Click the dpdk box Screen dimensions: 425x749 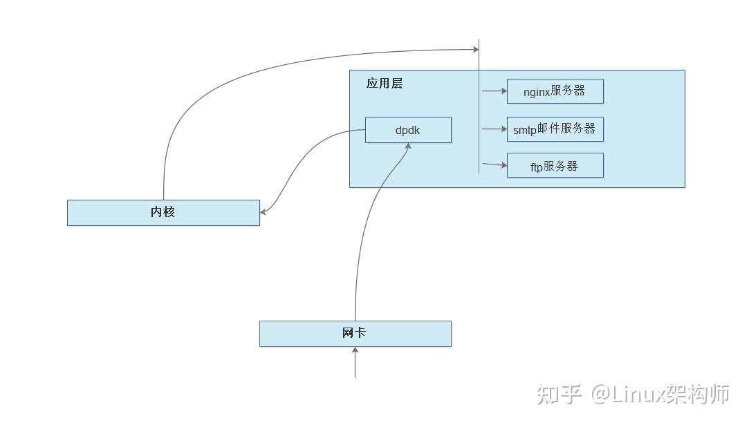pyautogui.click(x=408, y=130)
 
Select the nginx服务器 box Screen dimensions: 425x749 pyautogui.click(x=555, y=91)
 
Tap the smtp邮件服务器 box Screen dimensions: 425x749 pyautogui.click(x=555, y=129)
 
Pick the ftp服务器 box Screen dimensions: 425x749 pyautogui.click(x=555, y=166)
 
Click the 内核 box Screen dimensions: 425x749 pyautogui.click(x=163, y=212)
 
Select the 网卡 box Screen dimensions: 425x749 pyautogui.click(x=355, y=333)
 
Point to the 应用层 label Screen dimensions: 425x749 pyautogui.click(x=384, y=84)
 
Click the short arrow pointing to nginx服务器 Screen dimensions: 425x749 pyautogui.click(x=494, y=91)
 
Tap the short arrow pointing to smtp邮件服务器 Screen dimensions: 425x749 pyautogui.click(x=494, y=129)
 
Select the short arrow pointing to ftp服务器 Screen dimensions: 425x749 pyautogui.click(x=494, y=165)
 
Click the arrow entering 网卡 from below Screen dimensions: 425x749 pyautogui.click(x=355, y=362)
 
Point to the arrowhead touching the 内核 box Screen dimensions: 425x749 pyautogui.click(x=264, y=212)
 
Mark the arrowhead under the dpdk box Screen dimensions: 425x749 pyautogui.click(x=409, y=147)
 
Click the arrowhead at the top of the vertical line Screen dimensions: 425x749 pyautogui.click(x=475, y=49)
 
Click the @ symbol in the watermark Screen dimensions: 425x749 pyautogui.click(x=600, y=395)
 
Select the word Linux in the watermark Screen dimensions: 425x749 pyautogui.click(x=638, y=395)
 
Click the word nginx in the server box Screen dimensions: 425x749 pyautogui.click(x=537, y=92)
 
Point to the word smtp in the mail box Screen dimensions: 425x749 pyautogui.click(x=524, y=130)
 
